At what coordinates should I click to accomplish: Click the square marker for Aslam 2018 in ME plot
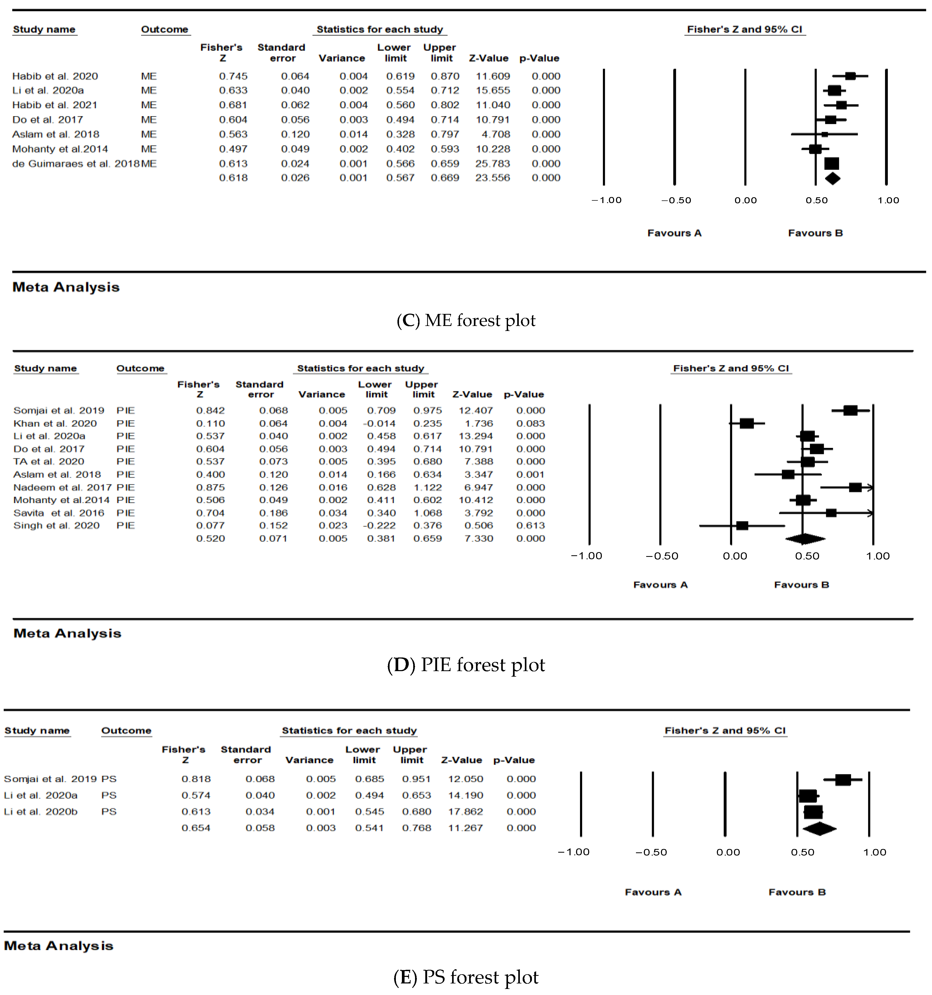pos(824,134)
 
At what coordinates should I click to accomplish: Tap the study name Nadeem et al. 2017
pos(62,488)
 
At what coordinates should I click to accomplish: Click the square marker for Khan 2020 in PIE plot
pos(746,423)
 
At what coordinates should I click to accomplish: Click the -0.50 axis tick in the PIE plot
pos(662,556)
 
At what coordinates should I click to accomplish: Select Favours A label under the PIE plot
pos(660,585)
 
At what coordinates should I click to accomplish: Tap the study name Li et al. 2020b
pos(40,811)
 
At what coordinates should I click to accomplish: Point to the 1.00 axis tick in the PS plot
pos(874,852)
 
